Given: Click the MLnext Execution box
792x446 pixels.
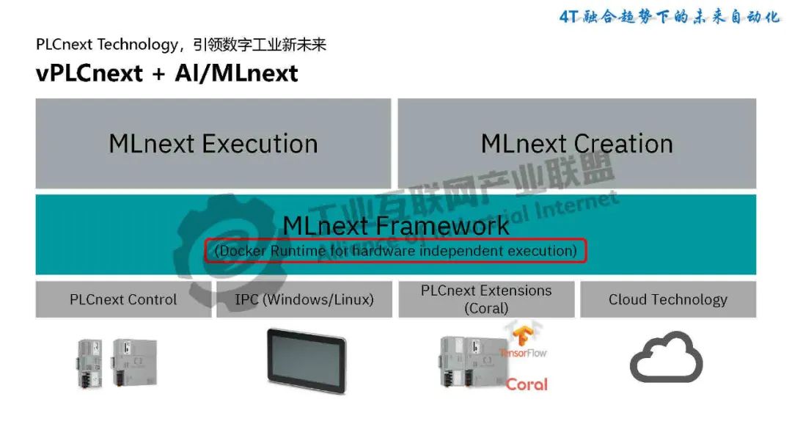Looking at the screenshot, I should click(x=213, y=144).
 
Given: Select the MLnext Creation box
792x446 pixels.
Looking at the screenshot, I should click(x=576, y=144).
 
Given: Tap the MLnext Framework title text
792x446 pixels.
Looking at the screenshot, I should click(x=396, y=225).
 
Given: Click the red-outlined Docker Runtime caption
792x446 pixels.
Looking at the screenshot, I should click(x=396, y=251).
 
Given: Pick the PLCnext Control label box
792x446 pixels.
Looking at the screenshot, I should click(x=123, y=299).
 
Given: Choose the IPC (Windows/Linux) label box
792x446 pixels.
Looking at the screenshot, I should click(x=304, y=299).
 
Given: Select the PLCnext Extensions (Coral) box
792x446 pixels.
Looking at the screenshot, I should click(x=486, y=299).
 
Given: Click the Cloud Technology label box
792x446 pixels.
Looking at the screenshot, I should click(x=667, y=299).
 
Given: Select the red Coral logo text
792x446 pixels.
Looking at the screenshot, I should click(x=527, y=384).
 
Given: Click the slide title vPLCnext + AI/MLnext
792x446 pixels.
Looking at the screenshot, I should click(x=166, y=73).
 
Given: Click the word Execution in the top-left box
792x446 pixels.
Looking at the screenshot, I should click(x=260, y=144).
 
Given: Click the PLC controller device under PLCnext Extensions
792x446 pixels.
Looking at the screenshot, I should click(x=469, y=361).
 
